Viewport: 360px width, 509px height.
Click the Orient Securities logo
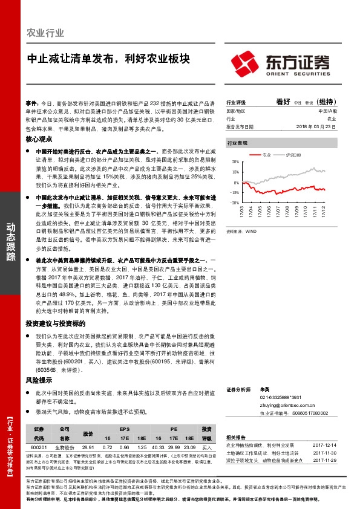(x=281, y=63)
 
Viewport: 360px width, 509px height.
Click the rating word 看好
(x=283, y=102)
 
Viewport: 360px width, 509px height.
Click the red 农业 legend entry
(x=264, y=155)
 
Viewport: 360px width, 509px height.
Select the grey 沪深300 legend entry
(x=295, y=155)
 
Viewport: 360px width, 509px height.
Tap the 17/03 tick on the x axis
(x=241, y=211)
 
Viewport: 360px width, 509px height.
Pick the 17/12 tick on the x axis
(x=323, y=211)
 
